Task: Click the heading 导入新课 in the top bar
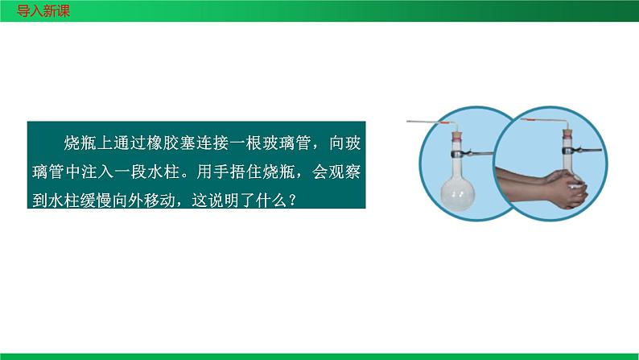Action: (x=37, y=10)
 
